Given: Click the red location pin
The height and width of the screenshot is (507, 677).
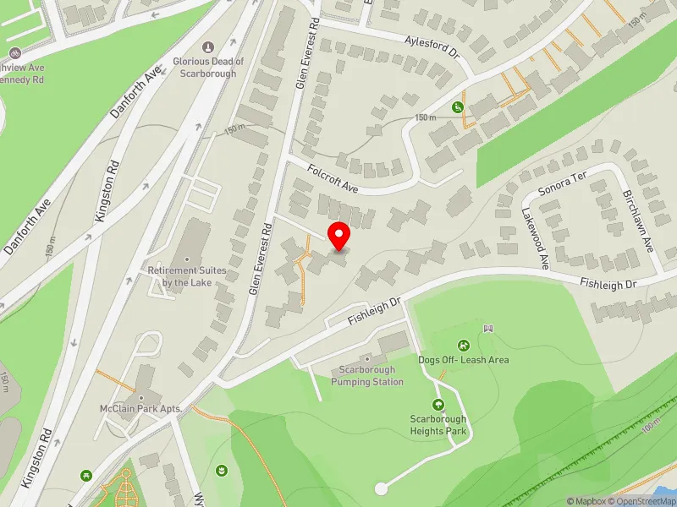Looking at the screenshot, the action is click(339, 237).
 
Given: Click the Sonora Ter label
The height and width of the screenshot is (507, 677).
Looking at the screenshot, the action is click(561, 178).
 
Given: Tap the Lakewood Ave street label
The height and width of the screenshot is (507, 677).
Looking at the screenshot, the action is click(535, 239).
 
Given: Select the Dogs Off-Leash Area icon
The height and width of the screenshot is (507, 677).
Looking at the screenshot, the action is click(464, 345).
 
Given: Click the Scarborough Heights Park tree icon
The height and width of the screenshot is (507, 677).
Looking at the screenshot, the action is click(438, 405).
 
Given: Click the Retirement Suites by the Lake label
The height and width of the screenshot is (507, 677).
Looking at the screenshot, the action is click(187, 276).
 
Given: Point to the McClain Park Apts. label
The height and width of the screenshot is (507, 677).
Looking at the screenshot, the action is click(141, 408).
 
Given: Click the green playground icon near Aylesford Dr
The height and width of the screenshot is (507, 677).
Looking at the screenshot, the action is click(457, 107).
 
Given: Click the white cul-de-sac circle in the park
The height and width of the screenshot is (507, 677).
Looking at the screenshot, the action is click(381, 488).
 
